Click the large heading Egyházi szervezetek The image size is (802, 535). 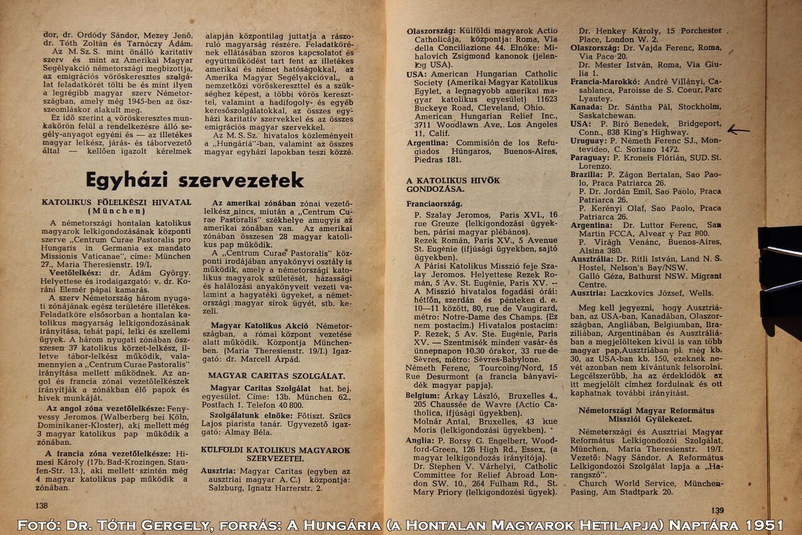(x=194, y=180)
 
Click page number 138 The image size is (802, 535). (x=41, y=506)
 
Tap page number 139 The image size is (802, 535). (x=717, y=511)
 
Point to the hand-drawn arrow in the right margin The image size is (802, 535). (x=738, y=130)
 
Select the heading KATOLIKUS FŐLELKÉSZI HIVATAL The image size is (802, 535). (x=117, y=203)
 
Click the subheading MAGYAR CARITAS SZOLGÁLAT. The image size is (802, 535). (x=276, y=376)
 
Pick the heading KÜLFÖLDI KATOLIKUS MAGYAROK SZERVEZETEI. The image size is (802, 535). (x=276, y=454)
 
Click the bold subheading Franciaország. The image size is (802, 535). (x=434, y=204)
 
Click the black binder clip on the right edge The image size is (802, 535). (x=781, y=270)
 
